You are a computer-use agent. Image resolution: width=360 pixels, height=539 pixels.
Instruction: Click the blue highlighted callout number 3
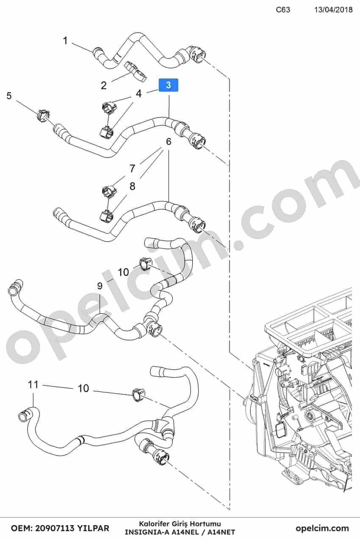pos(168,85)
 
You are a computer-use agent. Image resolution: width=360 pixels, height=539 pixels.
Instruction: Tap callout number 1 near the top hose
pos(66,41)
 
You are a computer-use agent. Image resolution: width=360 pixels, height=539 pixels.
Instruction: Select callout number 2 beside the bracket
pos(104,86)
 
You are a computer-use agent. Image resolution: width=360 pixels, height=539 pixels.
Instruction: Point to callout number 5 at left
pos(9,96)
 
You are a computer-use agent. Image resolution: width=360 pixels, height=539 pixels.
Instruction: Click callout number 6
pos(169,141)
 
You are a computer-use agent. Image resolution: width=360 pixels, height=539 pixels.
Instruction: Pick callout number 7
pos(132,169)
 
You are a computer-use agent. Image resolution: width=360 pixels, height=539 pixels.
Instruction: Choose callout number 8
pos(132,186)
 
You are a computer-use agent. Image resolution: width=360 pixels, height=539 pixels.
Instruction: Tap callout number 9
pos(100,286)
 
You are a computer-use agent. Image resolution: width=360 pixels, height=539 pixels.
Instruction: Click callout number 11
pos(33,384)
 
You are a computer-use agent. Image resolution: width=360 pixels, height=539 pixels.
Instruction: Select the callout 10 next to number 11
pos(83,388)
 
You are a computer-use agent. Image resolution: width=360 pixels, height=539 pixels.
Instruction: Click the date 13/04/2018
pos(333,10)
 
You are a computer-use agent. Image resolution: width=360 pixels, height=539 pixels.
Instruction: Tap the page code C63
pos(283,10)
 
